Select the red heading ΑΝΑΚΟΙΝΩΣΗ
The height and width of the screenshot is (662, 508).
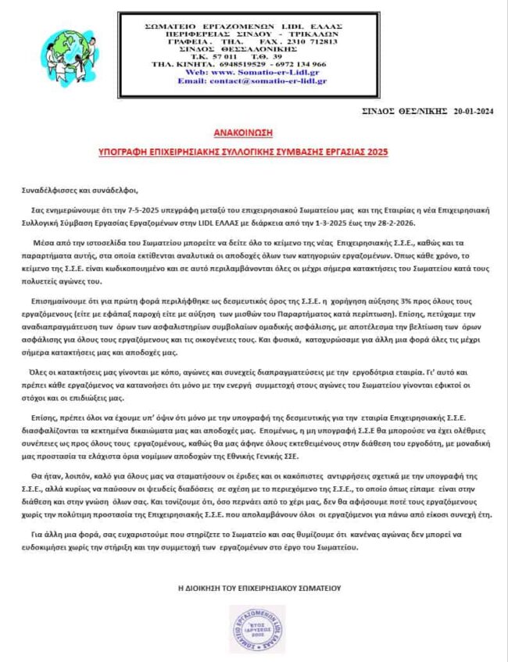pos(253,134)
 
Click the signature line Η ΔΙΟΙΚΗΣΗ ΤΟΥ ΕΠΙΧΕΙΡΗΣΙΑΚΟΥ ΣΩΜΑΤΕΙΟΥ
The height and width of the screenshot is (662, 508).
pos(253,587)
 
